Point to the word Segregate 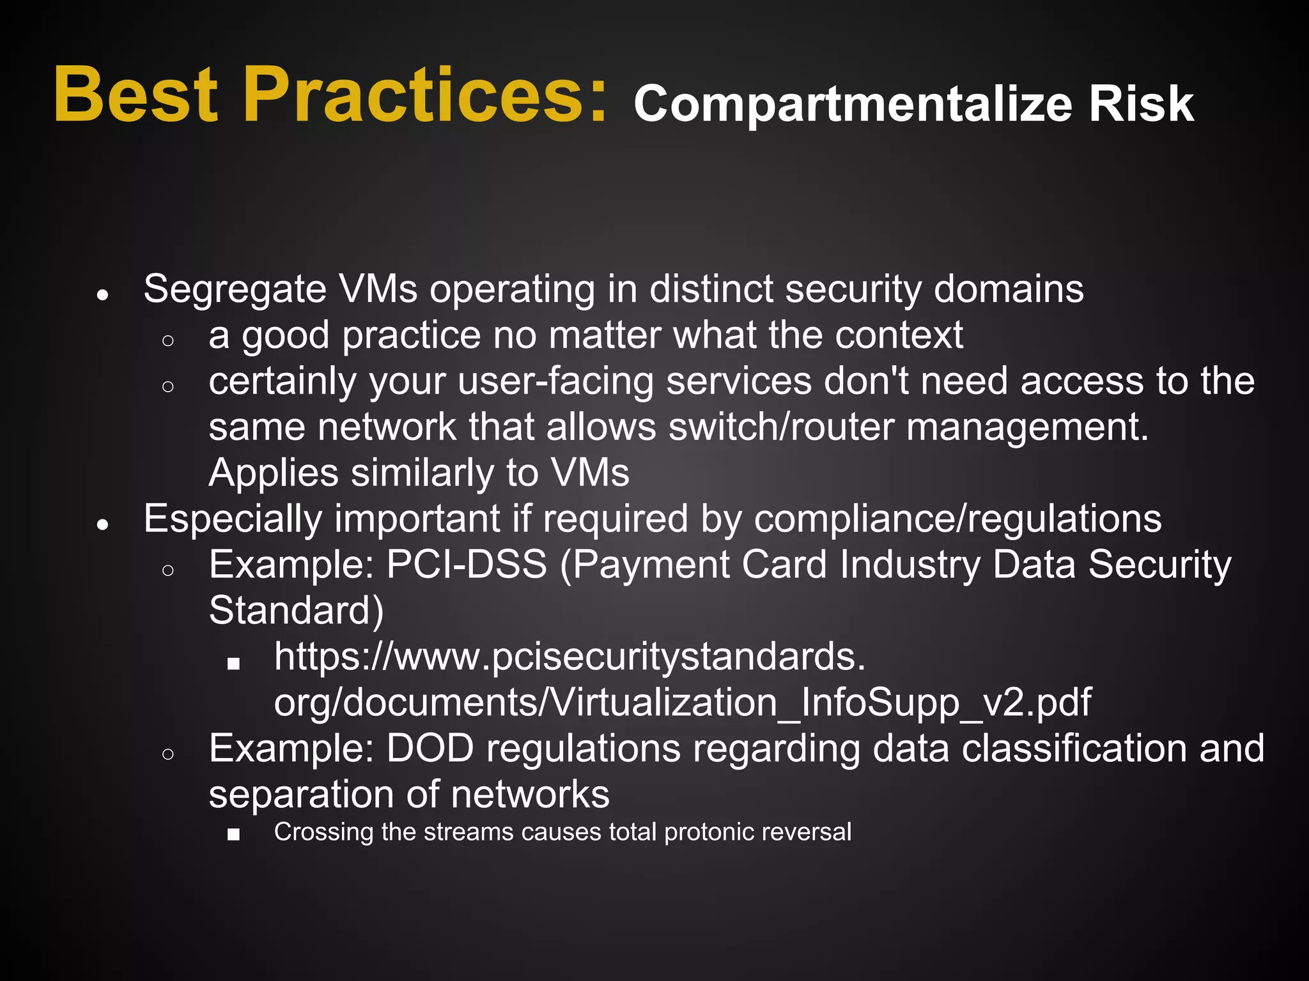click(x=235, y=290)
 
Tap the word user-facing click(x=555, y=381)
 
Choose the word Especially click(x=233, y=519)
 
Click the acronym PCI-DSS click(x=467, y=565)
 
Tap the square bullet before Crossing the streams click(x=233, y=834)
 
